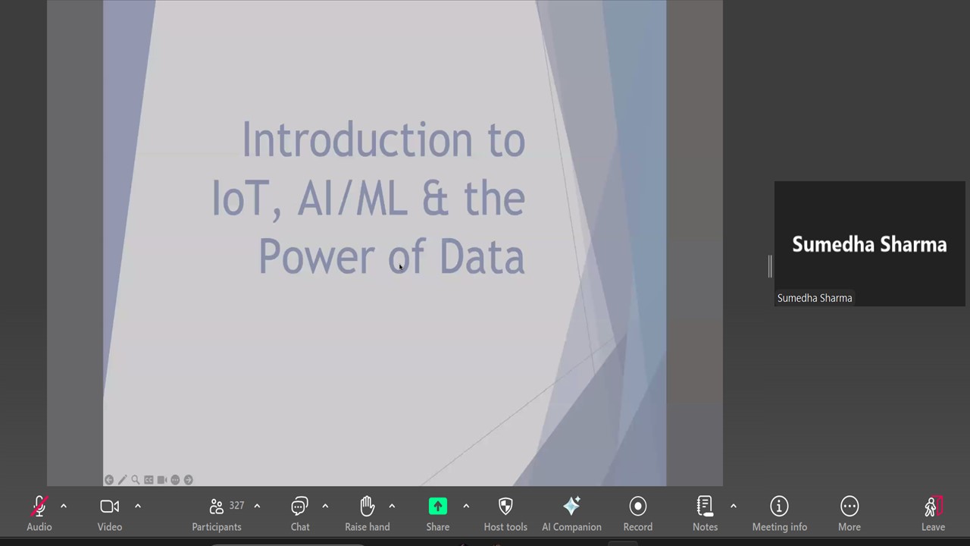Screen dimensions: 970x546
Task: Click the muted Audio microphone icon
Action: pos(39,506)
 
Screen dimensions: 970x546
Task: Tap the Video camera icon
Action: pos(110,506)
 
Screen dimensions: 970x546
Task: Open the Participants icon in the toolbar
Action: pos(216,506)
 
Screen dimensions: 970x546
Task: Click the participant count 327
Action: pos(236,505)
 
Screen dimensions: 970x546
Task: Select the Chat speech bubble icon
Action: pos(299,506)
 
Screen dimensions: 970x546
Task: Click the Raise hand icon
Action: pos(368,506)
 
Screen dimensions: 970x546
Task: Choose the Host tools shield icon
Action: pos(505,506)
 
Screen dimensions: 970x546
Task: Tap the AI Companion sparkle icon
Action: pos(571,506)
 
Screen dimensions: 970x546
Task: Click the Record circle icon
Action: pos(638,506)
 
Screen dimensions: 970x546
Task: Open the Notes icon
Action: pos(705,506)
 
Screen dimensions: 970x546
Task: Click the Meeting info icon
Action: pos(779,506)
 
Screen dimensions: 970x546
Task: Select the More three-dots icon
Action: pos(850,506)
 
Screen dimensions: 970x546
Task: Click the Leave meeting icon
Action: pos(933,506)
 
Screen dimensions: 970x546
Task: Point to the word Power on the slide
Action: pos(317,256)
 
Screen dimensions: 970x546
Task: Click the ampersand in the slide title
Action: pos(435,198)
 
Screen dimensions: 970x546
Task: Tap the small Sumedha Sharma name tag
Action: pos(815,298)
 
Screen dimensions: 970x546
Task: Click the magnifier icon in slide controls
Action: pos(136,480)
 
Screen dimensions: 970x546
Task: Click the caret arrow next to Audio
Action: pos(64,506)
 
